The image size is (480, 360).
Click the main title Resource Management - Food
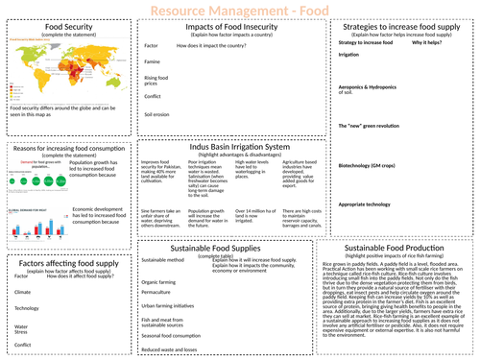240,10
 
